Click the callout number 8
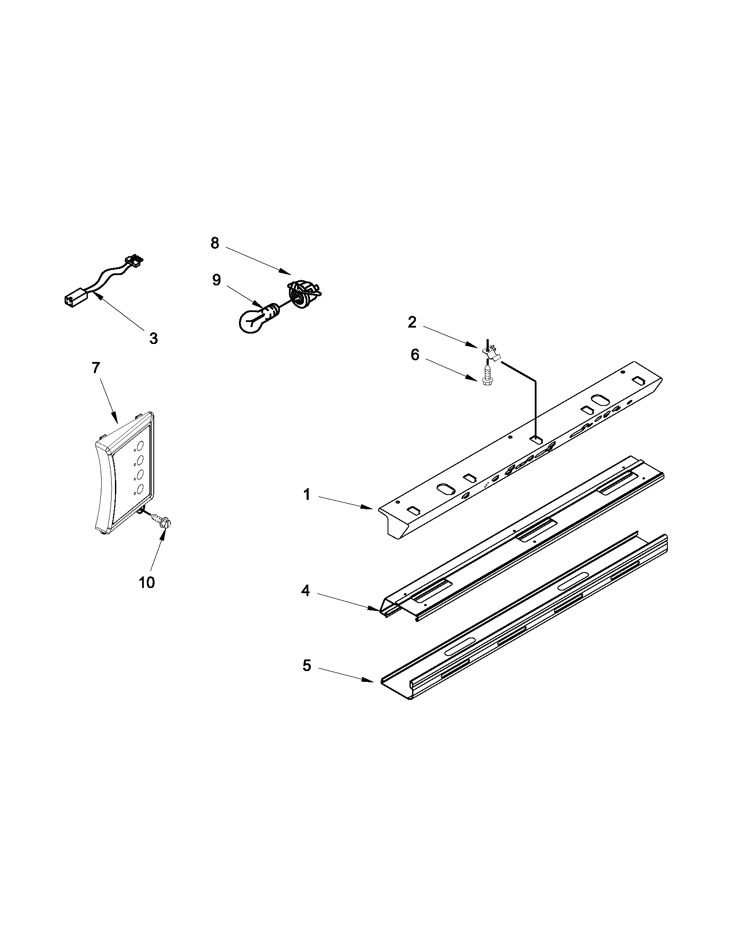click(x=215, y=243)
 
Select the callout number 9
click(x=217, y=280)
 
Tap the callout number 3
click(x=154, y=338)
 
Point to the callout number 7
click(x=96, y=368)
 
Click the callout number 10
click(x=146, y=582)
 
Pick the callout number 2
click(x=412, y=322)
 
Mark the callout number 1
click(x=307, y=494)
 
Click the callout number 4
click(x=306, y=591)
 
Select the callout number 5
click(x=307, y=665)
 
